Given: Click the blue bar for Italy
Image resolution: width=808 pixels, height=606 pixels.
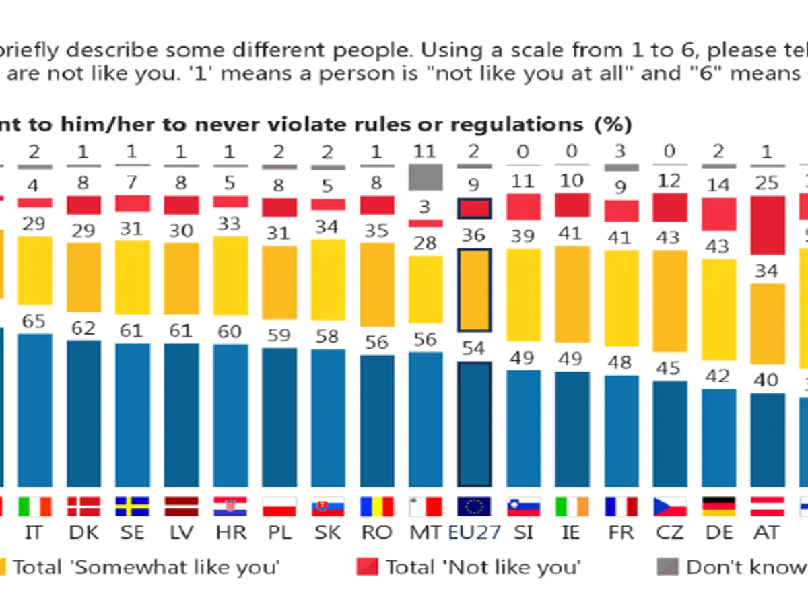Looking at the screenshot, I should pos(34,410).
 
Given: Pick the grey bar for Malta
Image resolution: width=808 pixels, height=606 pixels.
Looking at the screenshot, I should pos(426,177).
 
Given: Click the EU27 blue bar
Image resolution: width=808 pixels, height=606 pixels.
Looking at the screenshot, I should pos(474,424).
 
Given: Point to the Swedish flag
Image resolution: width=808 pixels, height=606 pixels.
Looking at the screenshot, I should pos(132,506).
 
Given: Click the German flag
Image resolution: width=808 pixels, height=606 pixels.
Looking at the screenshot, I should pos(718,506).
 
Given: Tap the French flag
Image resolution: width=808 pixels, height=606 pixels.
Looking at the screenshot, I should pos(621,506).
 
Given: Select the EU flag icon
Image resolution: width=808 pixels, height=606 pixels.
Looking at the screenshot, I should pos(474,506).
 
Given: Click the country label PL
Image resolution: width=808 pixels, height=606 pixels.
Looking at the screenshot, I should pos(279,533).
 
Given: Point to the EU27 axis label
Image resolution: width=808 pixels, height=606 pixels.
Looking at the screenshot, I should pos(474,533).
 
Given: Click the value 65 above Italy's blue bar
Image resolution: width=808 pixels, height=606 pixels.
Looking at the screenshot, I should pos(34,321).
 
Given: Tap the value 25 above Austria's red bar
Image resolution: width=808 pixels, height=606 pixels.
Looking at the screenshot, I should pos(767,182).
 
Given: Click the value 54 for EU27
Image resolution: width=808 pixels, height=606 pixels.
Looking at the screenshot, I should pos(474,349).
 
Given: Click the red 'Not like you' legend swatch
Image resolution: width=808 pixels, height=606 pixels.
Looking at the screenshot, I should pos(366,568).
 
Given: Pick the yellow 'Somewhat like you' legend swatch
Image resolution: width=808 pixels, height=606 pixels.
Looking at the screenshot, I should pos(2,568).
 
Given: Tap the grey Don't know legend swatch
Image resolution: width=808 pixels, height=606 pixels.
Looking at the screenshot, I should pos(667,568).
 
